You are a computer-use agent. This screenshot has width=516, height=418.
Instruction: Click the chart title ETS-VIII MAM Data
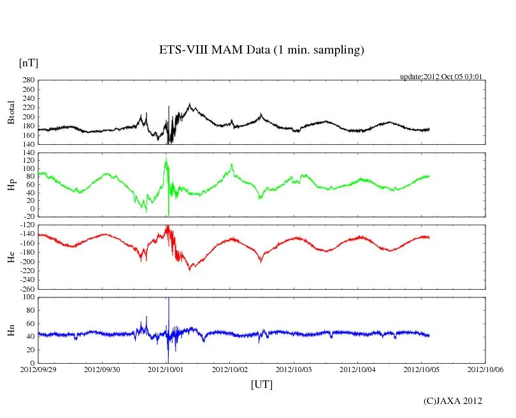261,50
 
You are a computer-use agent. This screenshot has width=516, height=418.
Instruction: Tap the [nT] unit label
28,63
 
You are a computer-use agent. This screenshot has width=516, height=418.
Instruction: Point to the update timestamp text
441,77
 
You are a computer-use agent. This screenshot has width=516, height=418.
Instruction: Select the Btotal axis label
11,112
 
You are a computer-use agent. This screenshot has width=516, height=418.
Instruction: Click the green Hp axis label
11,185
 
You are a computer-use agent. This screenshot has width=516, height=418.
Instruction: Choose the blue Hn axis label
11,330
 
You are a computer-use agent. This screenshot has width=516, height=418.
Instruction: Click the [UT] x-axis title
262,384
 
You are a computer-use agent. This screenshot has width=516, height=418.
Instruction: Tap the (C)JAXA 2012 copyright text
452,401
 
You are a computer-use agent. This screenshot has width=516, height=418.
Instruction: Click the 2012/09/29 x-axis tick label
38,369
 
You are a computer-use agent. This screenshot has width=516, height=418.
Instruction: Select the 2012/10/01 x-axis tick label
166,369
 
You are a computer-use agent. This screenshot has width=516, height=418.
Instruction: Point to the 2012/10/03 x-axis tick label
294,369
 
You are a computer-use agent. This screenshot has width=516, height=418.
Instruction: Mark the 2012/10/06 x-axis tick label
485,369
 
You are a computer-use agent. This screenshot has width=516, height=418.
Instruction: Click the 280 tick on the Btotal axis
28,80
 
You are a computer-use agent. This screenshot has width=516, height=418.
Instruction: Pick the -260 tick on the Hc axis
25,288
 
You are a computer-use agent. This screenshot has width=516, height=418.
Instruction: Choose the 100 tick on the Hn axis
28,297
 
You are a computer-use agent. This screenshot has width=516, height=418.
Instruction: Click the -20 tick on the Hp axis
28,216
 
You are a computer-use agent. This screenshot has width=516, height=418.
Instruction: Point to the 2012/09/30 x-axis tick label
102,369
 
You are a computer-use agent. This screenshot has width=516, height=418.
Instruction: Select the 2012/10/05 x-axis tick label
422,369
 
